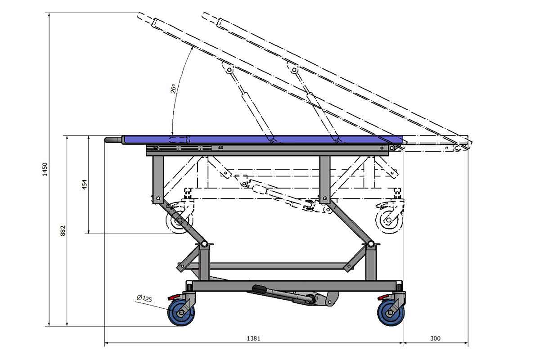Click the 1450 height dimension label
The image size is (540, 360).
[x=45, y=169]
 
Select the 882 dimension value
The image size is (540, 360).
[x=63, y=231]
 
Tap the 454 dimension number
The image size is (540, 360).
[x=85, y=184]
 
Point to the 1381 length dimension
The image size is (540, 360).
[x=254, y=338]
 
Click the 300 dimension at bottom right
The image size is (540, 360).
[x=436, y=338]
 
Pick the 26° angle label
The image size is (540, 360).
[x=173, y=89]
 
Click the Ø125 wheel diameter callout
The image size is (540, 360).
[x=144, y=298]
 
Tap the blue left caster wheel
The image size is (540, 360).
[x=181, y=312]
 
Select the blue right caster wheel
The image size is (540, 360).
[x=391, y=313]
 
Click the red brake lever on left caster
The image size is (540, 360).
[x=174, y=297]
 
